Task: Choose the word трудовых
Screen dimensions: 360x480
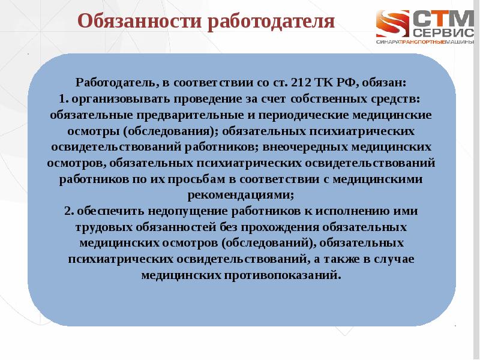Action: click(x=102, y=228)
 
